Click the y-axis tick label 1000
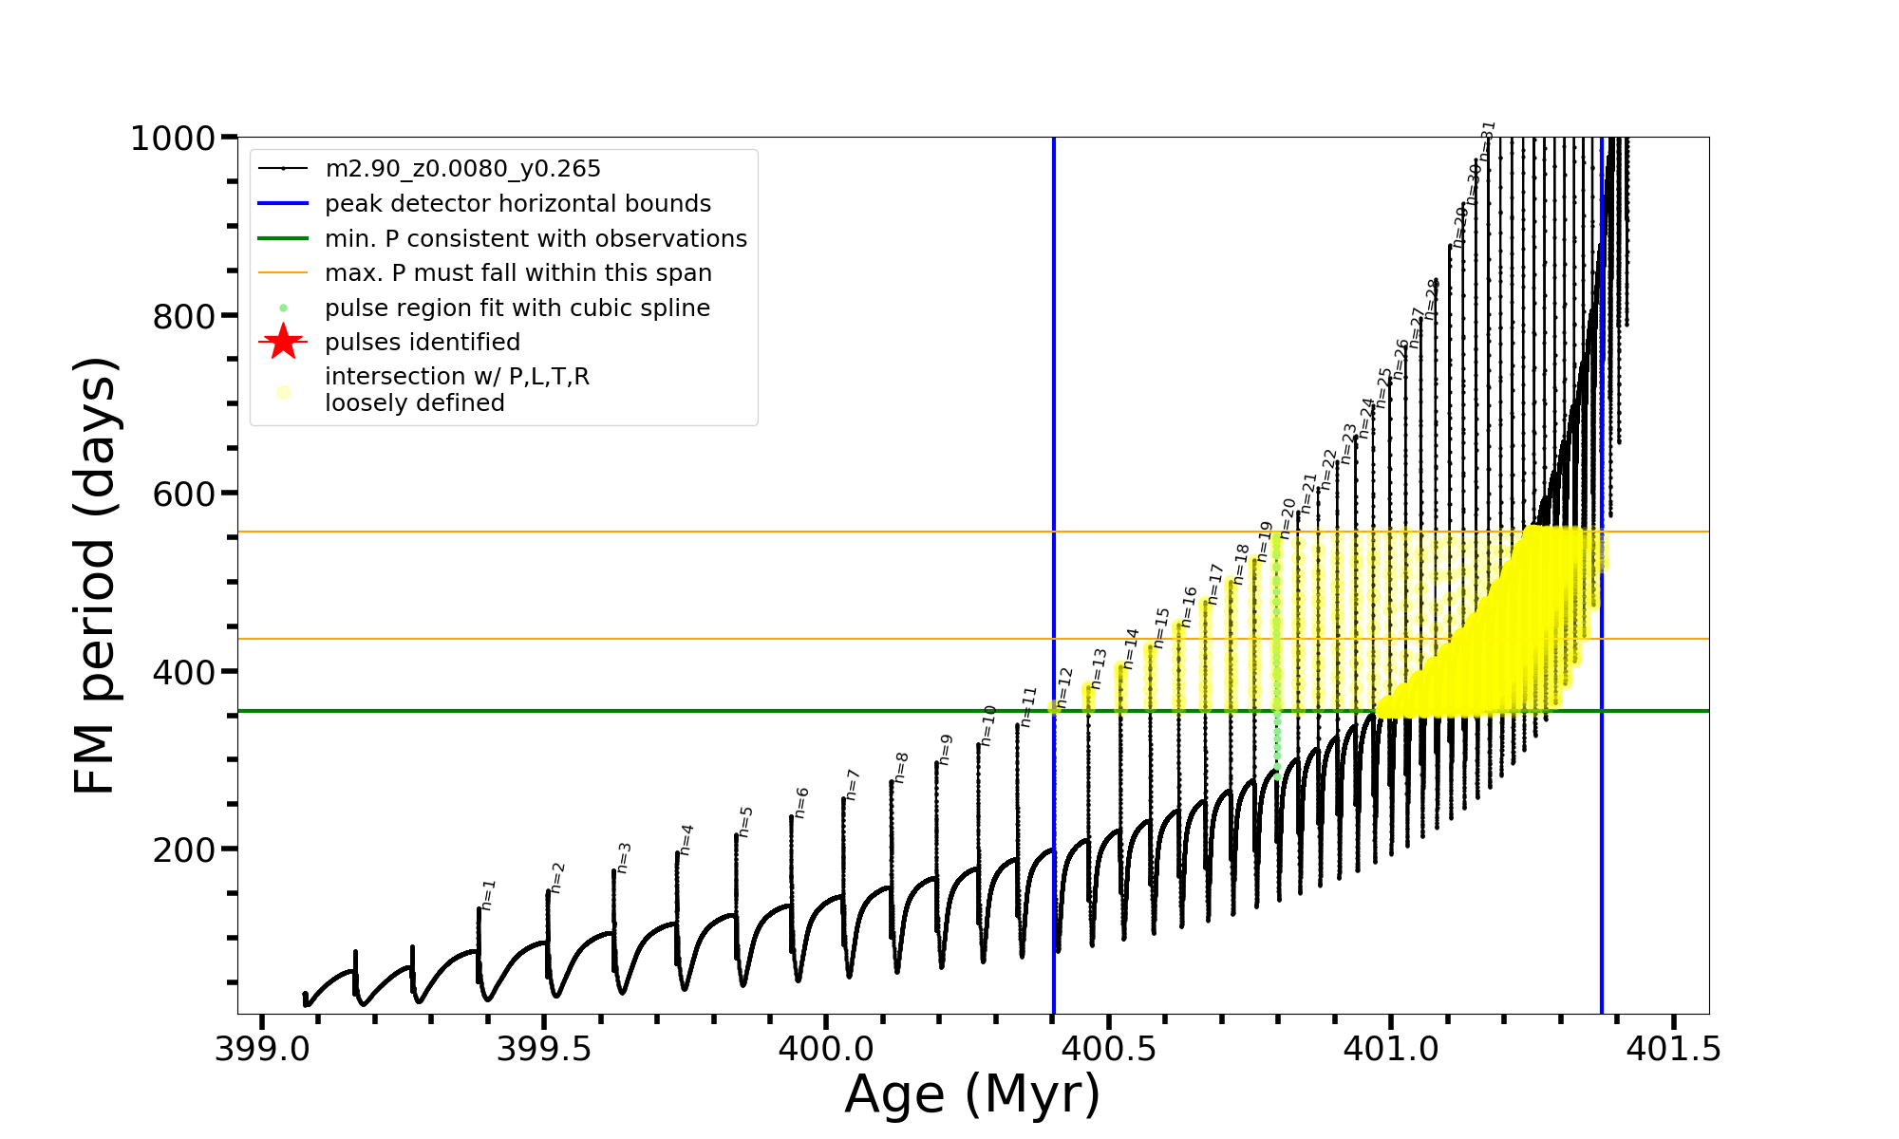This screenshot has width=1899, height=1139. [173, 139]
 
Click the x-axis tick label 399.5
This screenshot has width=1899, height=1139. [544, 1049]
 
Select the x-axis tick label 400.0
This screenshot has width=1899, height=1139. [826, 1049]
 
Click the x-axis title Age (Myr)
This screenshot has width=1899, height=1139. [972, 1094]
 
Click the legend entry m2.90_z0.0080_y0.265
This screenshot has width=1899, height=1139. [462, 169]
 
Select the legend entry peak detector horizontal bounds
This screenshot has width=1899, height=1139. [517, 204]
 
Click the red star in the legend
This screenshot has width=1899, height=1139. [283, 342]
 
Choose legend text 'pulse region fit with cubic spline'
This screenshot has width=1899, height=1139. [517, 308]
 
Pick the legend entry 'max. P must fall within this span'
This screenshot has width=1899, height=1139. [517, 273]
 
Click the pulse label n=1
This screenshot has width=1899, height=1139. [488, 894]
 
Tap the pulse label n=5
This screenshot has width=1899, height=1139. [745, 821]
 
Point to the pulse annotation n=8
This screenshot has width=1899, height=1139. [901, 767]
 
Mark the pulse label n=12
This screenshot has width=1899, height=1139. [1064, 686]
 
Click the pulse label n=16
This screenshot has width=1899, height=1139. [1189, 606]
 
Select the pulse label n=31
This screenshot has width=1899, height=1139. [1488, 139]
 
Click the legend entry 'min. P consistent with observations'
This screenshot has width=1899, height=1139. [536, 239]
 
